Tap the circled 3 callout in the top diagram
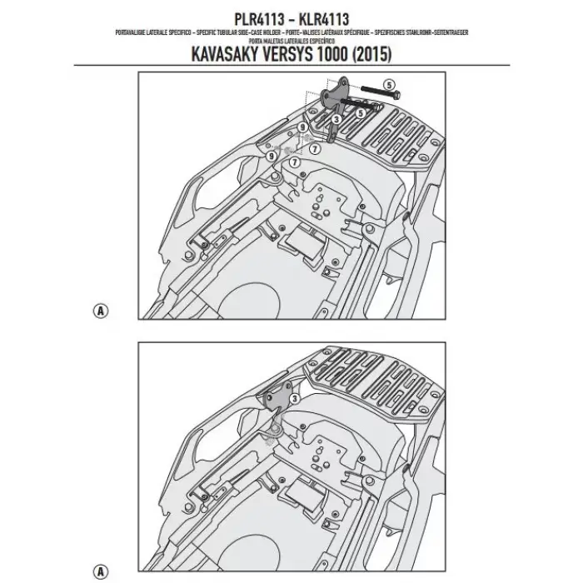(x=334, y=120)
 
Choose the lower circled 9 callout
(x=272, y=156)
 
